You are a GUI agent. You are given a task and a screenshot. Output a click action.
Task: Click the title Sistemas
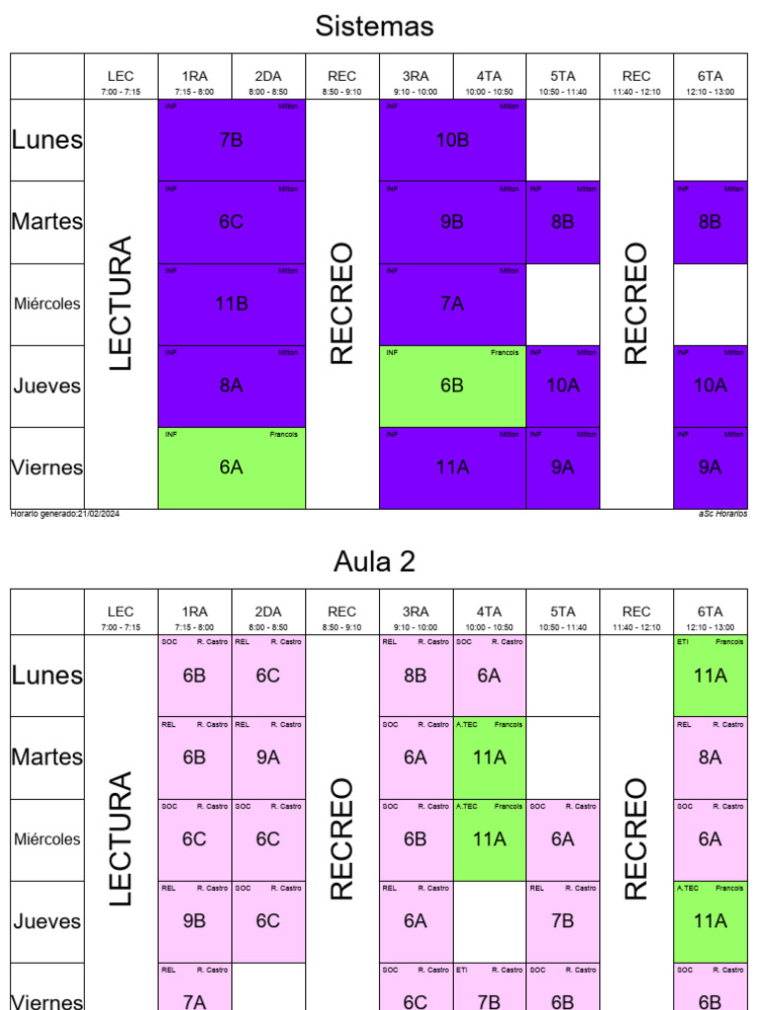tap(374, 27)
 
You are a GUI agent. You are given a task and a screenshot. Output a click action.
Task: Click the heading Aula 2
tap(374, 562)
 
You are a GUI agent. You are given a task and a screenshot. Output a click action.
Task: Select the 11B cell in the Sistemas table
tap(231, 304)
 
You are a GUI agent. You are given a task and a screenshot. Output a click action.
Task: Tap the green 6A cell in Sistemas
tap(231, 468)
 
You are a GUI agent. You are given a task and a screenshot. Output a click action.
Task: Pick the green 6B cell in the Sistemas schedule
tap(452, 386)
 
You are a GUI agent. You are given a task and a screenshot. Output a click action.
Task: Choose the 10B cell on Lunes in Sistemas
tap(452, 140)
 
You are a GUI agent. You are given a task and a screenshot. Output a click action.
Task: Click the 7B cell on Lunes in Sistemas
tap(231, 140)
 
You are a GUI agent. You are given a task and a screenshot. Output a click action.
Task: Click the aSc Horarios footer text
tap(722, 514)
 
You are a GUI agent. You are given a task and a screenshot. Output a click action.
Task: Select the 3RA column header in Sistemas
tap(416, 81)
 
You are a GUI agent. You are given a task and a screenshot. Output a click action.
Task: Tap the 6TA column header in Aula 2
tap(710, 616)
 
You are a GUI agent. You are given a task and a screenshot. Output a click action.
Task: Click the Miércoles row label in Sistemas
tap(47, 304)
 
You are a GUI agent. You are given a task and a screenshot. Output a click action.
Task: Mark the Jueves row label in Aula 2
tap(47, 921)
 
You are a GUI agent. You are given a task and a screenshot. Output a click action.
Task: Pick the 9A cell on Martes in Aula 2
tap(267, 757)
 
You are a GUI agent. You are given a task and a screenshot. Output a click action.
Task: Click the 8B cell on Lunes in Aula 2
tap(416, 676)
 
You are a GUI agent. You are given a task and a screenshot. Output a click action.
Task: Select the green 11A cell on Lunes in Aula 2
tap(710, 676)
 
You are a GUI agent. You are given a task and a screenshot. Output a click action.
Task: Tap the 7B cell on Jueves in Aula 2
tap(563, 921)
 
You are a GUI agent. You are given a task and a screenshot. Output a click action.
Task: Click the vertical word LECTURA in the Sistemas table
tap(120, 303)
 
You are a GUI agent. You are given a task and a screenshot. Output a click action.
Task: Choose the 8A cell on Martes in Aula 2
tap(710, 757)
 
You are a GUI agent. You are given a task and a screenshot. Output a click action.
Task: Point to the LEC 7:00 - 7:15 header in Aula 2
tap(120, 616)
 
